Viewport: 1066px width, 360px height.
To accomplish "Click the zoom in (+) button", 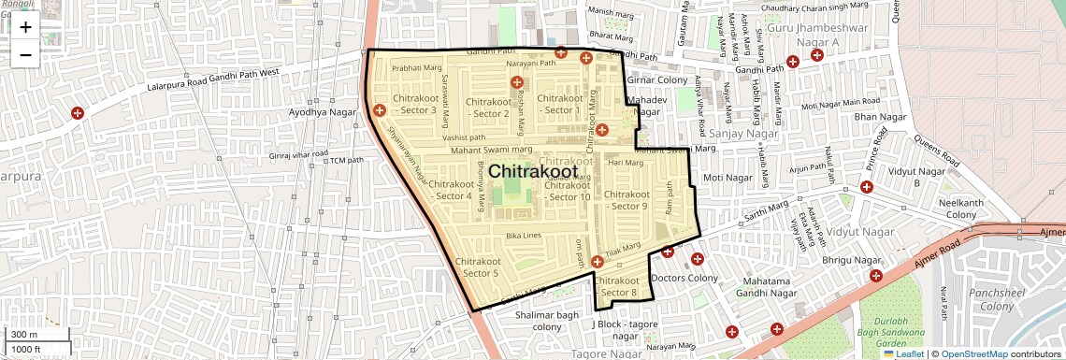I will (25, 27).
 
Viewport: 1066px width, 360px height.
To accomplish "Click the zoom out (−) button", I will (25, 54).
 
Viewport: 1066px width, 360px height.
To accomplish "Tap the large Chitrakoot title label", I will (540, 173).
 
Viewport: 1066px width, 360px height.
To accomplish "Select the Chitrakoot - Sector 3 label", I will (415, 104).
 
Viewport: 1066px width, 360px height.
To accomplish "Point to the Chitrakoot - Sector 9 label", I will (626, 200).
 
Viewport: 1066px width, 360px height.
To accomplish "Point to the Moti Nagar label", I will (727, 178).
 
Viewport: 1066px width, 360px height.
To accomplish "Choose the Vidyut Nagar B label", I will (915, 177).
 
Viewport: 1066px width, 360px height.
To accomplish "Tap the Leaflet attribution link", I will (903, 353).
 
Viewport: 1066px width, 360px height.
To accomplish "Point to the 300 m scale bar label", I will (25, 335).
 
